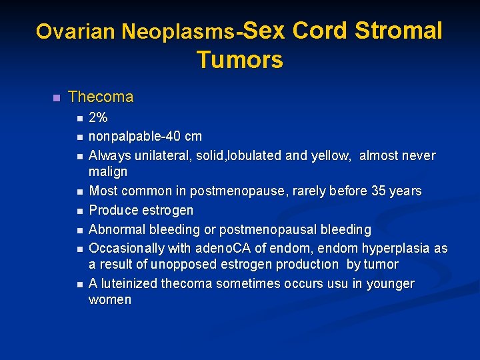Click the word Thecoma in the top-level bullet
click(x=101, y=97)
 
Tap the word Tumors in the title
click(x=240, y=60)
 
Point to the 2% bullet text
click(x=98, y=118)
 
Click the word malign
click(x=108, y=172)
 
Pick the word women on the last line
click(x=110, y=300)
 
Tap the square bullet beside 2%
click(x=79, y=119)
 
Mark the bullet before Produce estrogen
click(x=79, y=211)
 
